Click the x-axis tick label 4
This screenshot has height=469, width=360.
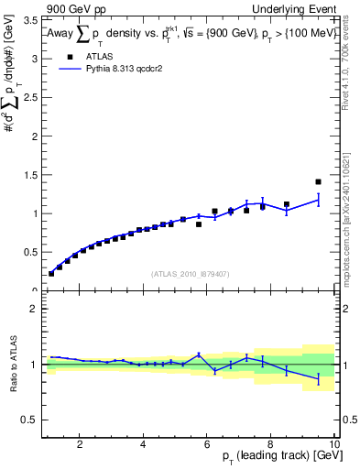tap(143, 444)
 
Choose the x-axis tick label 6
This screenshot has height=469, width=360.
tap(207, 444)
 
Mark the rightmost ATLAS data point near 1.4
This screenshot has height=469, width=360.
tap(318, 181)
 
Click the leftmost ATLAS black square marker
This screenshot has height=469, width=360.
tap(51, 273)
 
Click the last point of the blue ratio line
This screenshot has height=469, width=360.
tap(318, 379)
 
